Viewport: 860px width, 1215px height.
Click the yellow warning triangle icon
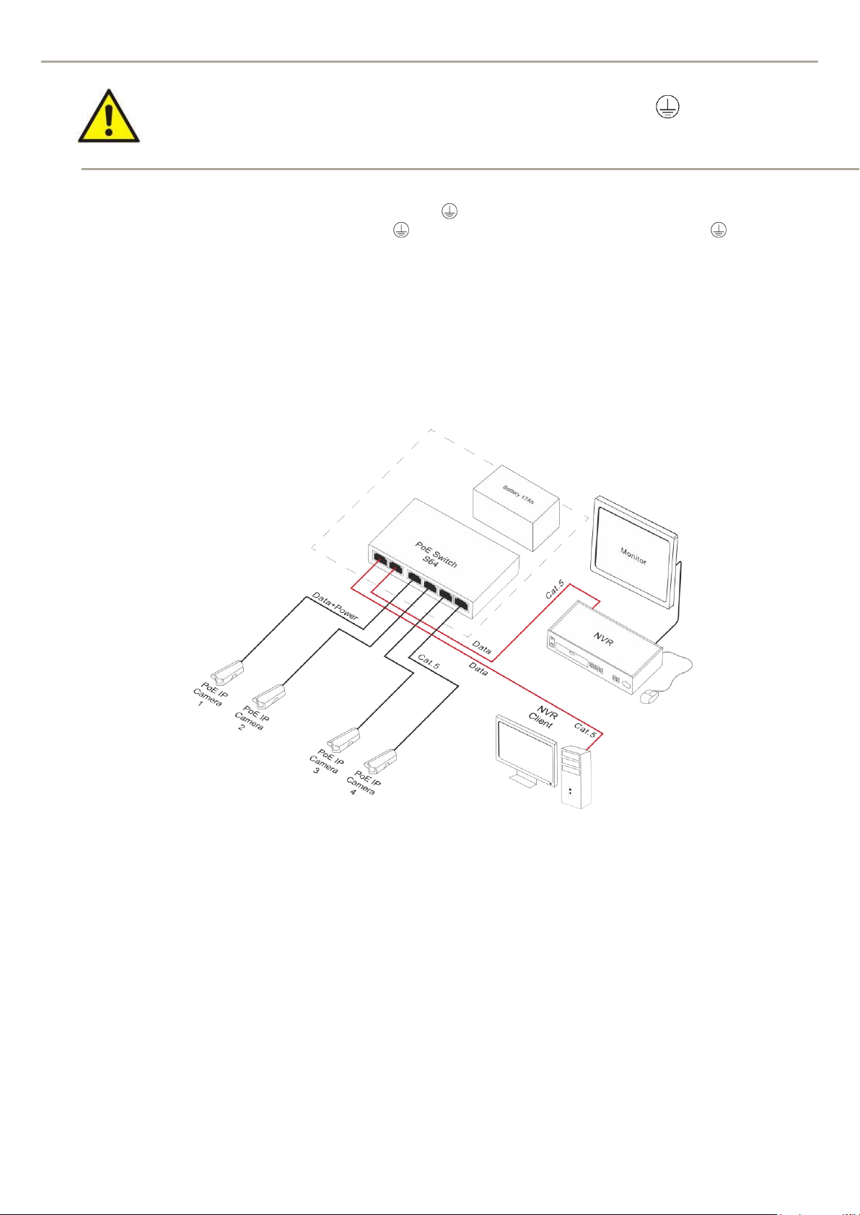(108, 116)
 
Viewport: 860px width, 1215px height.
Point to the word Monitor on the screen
(633, 555)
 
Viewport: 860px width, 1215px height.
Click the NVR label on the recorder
(603, 638)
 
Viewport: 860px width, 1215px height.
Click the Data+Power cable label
(335, 606)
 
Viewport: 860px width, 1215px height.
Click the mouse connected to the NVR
(649, 697)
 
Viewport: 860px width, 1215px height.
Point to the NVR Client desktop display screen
(525, 748)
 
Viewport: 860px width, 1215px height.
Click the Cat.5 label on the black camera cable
(428, 663)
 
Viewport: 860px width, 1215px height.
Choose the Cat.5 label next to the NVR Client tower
(585, 730)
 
